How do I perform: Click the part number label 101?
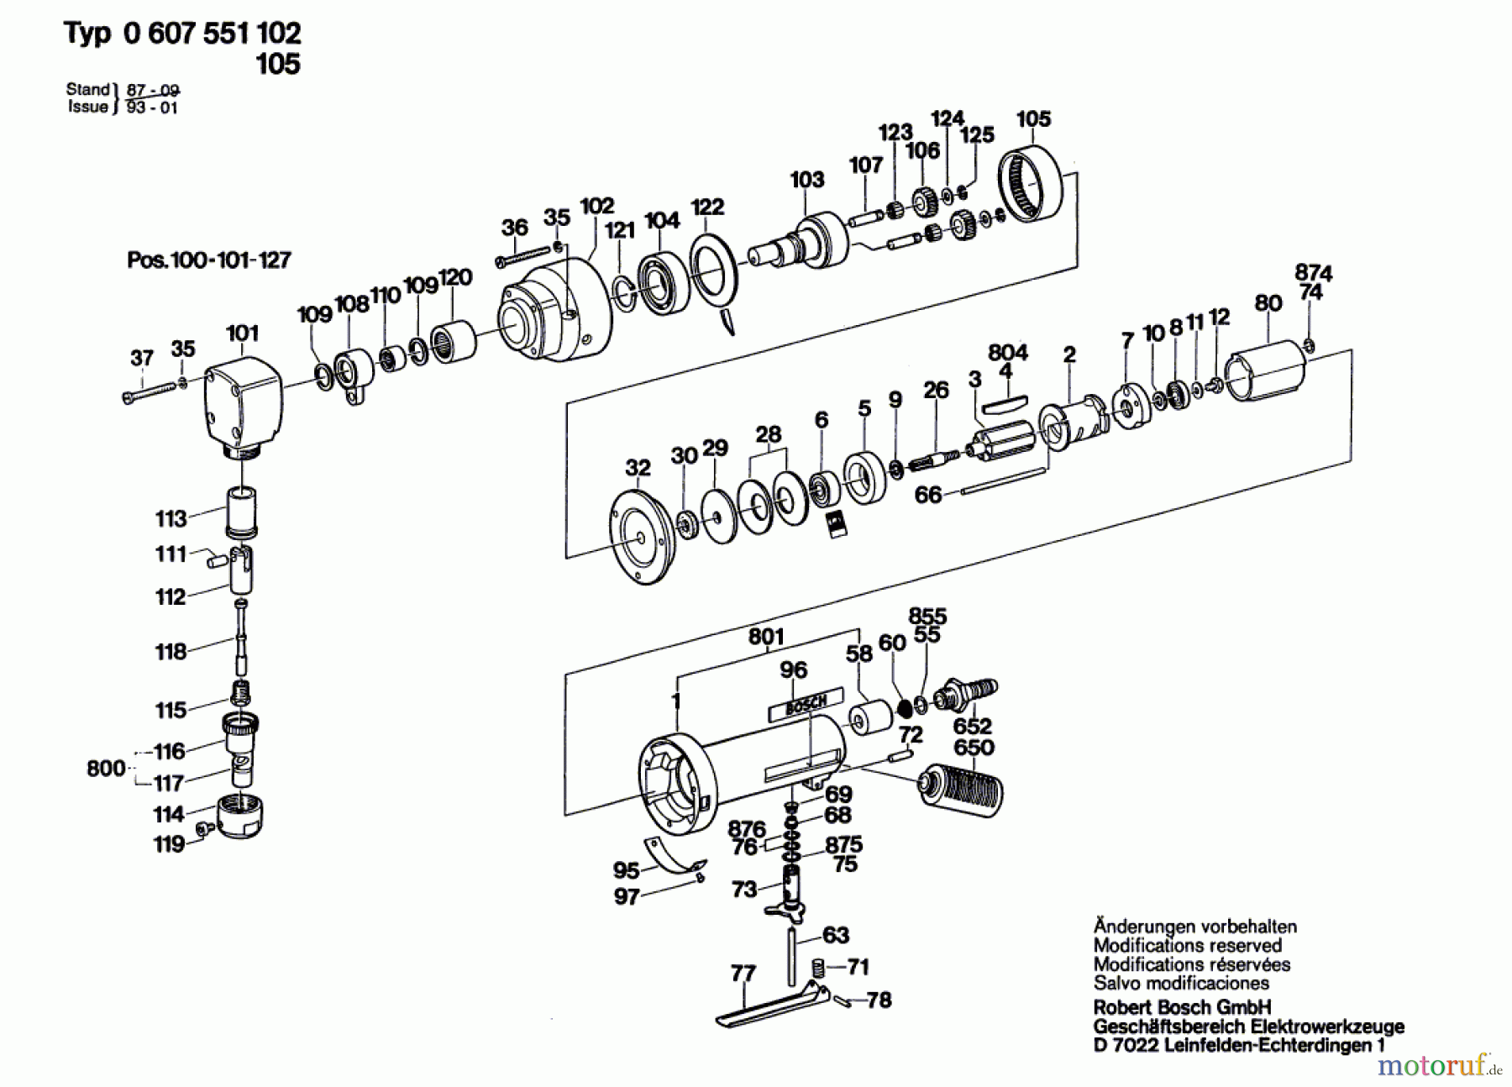242,333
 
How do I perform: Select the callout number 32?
638,468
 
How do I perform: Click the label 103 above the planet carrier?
806,179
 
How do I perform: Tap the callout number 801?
765,638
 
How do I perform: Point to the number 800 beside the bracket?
105,768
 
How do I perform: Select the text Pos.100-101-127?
209,260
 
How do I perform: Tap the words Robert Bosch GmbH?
1182,1007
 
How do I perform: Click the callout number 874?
1313,273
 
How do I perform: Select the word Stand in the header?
88,89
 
